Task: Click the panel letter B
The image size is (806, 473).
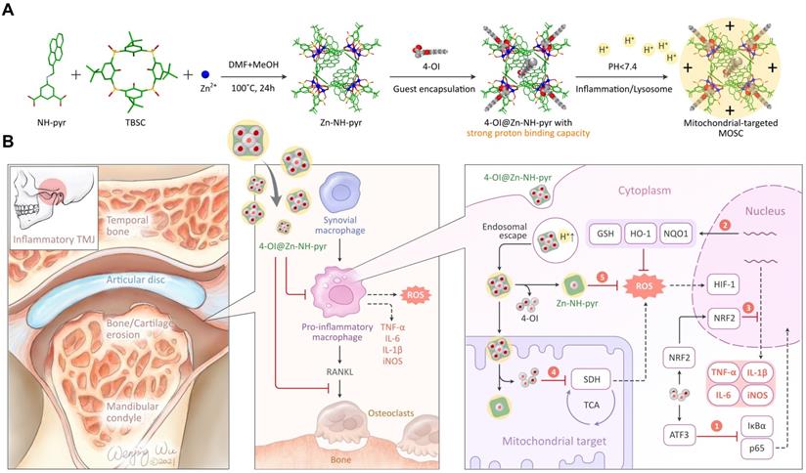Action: (8, 144)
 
